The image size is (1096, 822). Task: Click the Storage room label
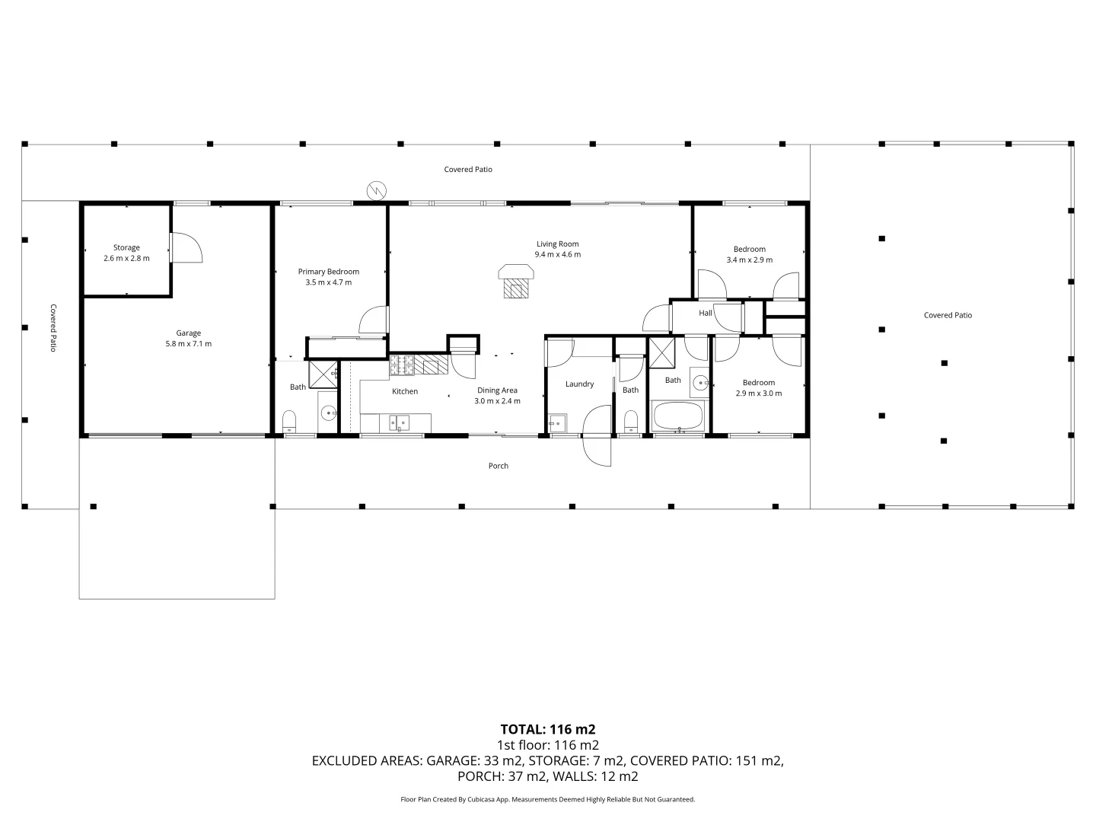(126, 247)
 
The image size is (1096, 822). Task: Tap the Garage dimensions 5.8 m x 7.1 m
(189, 344)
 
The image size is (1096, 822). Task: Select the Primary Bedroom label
(328, 272)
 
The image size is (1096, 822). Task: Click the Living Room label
(557, 244)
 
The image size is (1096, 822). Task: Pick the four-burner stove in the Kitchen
(401, 365)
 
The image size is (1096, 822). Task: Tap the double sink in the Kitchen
(398, 422)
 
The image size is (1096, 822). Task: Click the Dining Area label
(497, 390)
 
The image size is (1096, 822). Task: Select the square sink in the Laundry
(556, 422)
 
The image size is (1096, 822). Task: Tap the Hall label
(706, 313)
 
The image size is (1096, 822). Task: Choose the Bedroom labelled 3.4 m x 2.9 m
(749, 254)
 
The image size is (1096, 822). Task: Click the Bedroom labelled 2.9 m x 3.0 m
(758, 388)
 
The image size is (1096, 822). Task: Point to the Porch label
(498, 466)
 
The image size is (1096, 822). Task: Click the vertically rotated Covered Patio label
(53, 327)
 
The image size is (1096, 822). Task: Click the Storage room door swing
(185, 247)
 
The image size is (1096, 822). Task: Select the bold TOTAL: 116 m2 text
(547, 729)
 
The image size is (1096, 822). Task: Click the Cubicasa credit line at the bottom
(547, 799)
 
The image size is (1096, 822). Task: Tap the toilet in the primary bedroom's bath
(289, 421)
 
